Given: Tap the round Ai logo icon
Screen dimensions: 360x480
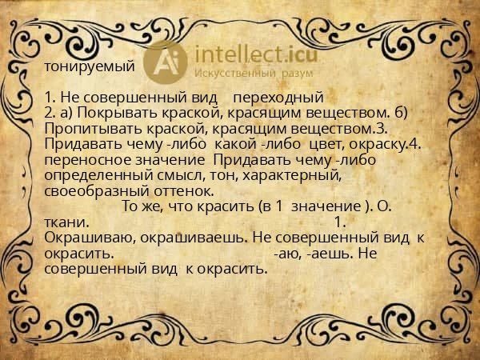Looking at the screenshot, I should (x=165, y=61).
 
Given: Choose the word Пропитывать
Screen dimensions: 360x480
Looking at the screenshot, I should (x=89, y=128).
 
